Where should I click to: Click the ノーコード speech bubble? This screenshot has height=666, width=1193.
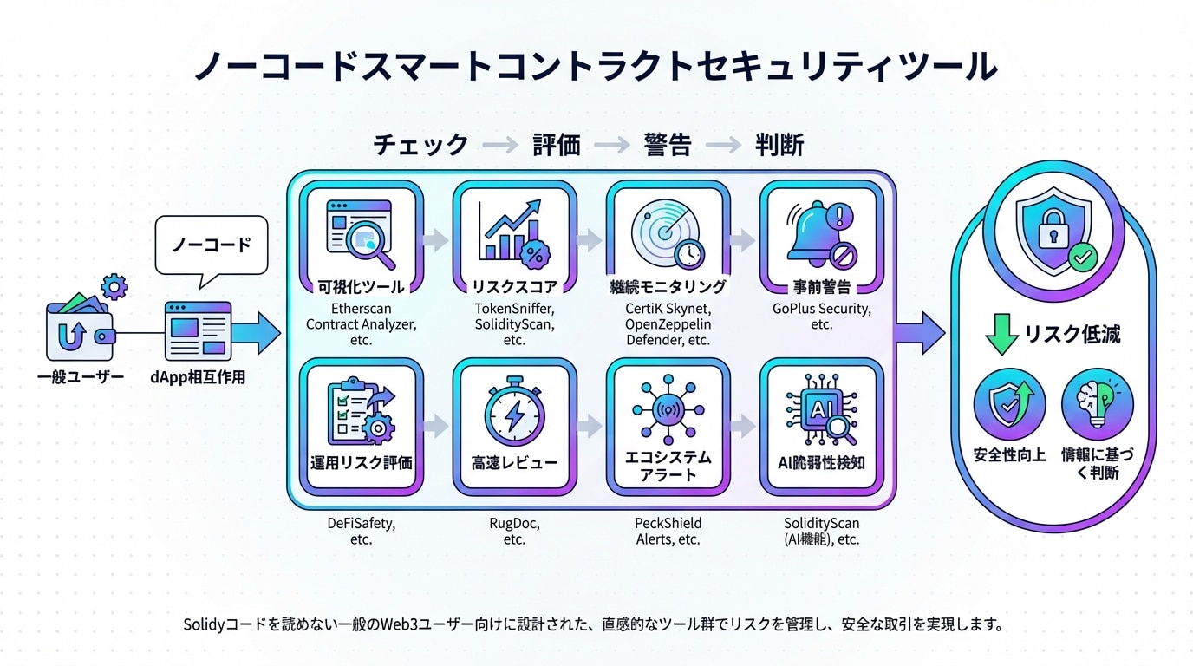point(212,245)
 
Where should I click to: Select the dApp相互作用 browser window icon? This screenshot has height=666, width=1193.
point(199,331)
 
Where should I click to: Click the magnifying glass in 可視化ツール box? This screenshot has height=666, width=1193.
point(370,244)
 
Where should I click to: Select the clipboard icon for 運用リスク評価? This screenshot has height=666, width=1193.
point(361,411)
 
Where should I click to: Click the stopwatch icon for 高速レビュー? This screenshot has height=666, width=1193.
point(514,411)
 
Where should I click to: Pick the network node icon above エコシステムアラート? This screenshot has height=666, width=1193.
point(668,409)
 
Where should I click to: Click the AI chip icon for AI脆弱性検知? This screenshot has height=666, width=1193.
point(822,409)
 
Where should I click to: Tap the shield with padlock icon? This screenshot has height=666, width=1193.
point(1053,230)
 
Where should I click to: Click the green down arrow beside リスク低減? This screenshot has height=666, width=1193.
point(1001,334)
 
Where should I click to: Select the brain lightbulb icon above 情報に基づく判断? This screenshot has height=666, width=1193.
point(1097,404)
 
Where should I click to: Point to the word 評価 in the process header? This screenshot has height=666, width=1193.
point(557,145)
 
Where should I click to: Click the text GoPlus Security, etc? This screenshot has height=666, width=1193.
point(822,317)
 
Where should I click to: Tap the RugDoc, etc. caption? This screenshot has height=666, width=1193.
point(514,531)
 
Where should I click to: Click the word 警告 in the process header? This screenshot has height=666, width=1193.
point(668,145)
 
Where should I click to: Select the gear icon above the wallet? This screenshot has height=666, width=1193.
point(114,288)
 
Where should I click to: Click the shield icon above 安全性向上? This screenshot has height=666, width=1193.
point(1009,404)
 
